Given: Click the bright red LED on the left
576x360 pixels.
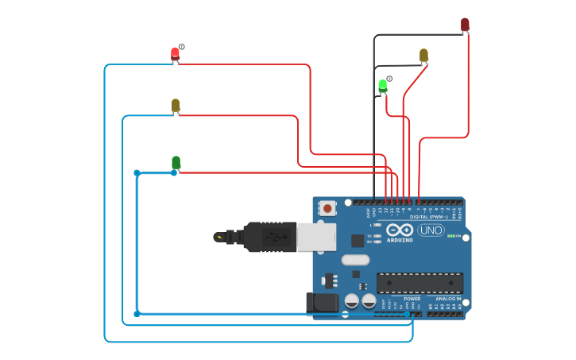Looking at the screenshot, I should [175, 54].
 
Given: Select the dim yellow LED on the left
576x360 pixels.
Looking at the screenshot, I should [176, 105].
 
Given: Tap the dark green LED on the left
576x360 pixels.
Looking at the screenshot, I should [176, 162].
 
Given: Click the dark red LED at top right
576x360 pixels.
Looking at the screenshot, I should [465, 25].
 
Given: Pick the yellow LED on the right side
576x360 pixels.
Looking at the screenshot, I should [423, 55].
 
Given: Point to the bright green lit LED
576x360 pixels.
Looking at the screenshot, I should [382, 84].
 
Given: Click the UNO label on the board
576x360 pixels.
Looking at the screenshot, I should [431, 230].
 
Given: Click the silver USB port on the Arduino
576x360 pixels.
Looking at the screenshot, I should [315, 237].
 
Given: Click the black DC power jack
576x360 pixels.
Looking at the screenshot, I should [323, 302].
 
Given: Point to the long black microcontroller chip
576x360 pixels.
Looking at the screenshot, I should [419, 283].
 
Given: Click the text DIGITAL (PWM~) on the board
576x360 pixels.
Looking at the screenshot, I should [428, 216].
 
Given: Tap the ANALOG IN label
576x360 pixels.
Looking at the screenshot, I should [447, 299].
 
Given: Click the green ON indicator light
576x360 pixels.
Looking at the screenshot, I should [450, 236].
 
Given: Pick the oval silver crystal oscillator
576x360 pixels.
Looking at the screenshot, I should [355, 259].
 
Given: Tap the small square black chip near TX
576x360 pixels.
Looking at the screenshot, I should [358, 240].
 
